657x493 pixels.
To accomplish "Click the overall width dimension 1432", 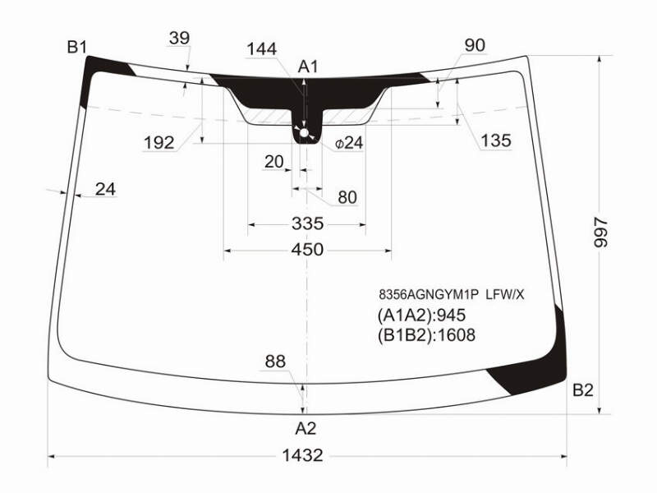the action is click(x=302, y=455).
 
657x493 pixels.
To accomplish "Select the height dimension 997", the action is click(x=601, y=233).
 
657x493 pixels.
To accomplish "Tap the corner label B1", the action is click(x=76, y=47).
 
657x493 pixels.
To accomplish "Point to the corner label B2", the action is click(x=583, y=390).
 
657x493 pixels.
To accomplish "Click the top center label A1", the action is click(x=308, y=67).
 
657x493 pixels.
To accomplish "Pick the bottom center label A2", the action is click(x=306, y=428).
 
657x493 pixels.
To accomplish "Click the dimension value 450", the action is click(x=307, y=250).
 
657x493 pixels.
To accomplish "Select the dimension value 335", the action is click(x=307, y=223).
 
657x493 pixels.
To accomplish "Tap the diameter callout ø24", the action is click(x=348, y=143).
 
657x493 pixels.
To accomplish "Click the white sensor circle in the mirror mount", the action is click(x=304, y=133).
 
